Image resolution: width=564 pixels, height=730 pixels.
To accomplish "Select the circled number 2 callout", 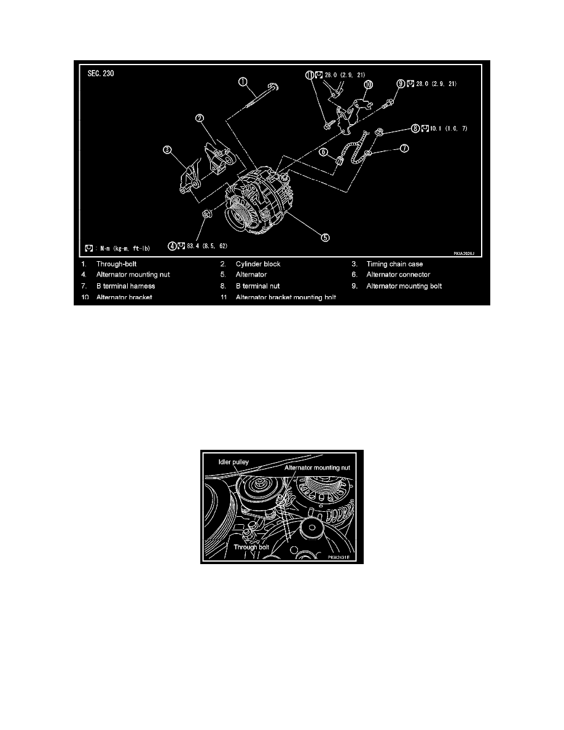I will coord(200,119).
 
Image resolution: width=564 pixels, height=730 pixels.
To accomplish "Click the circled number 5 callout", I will coord(325,236).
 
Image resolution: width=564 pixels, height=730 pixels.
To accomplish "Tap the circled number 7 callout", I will coord(405,148).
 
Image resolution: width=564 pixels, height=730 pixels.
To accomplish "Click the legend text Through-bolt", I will coord(117,264).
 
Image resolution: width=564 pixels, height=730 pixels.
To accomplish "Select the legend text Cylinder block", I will coord(257,264).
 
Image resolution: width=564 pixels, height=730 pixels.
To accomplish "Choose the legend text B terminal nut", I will coord(258,286).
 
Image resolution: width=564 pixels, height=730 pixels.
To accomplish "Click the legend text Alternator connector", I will coord(398,275).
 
